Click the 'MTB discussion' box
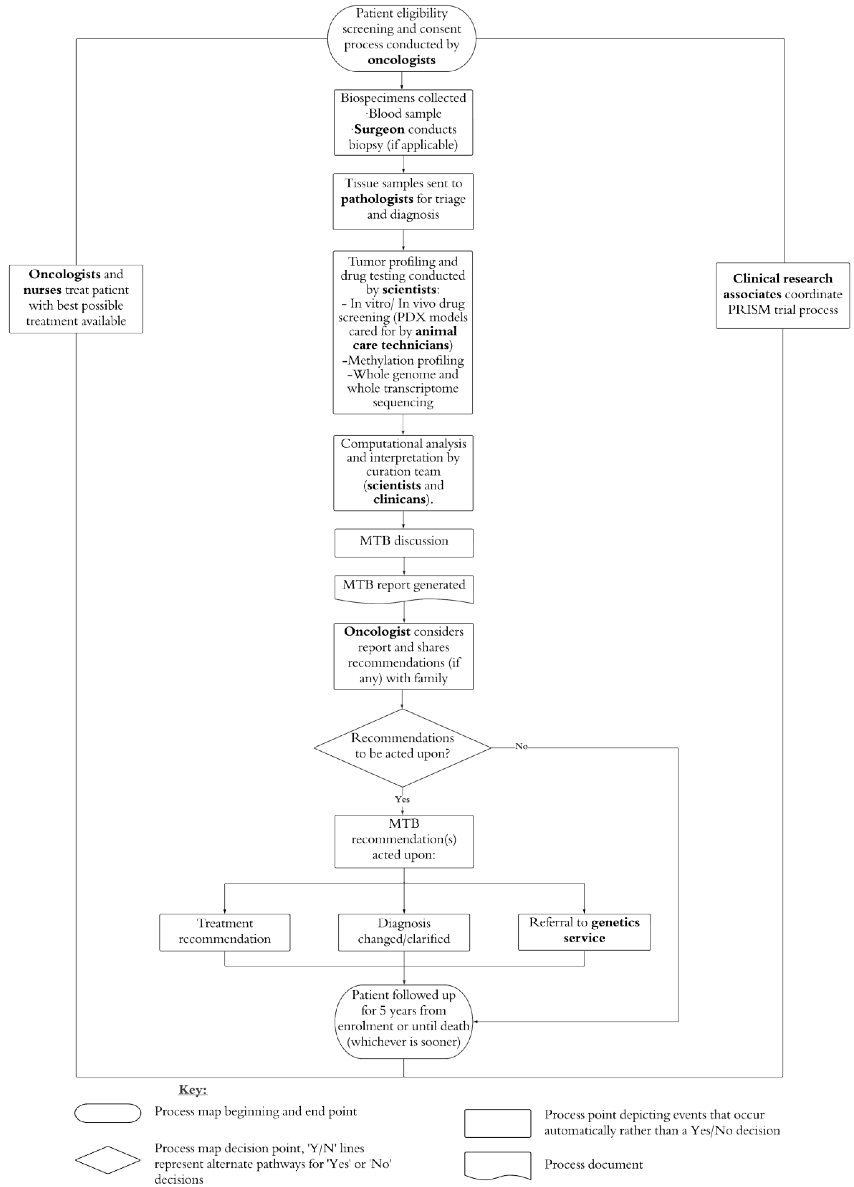coord(403,542)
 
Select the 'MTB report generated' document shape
coord(403,588)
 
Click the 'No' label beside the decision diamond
coord(521,746)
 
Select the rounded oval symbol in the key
coord(108,1113)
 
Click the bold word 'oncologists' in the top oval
coord(401,60)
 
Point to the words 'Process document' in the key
coord(593,1164)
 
